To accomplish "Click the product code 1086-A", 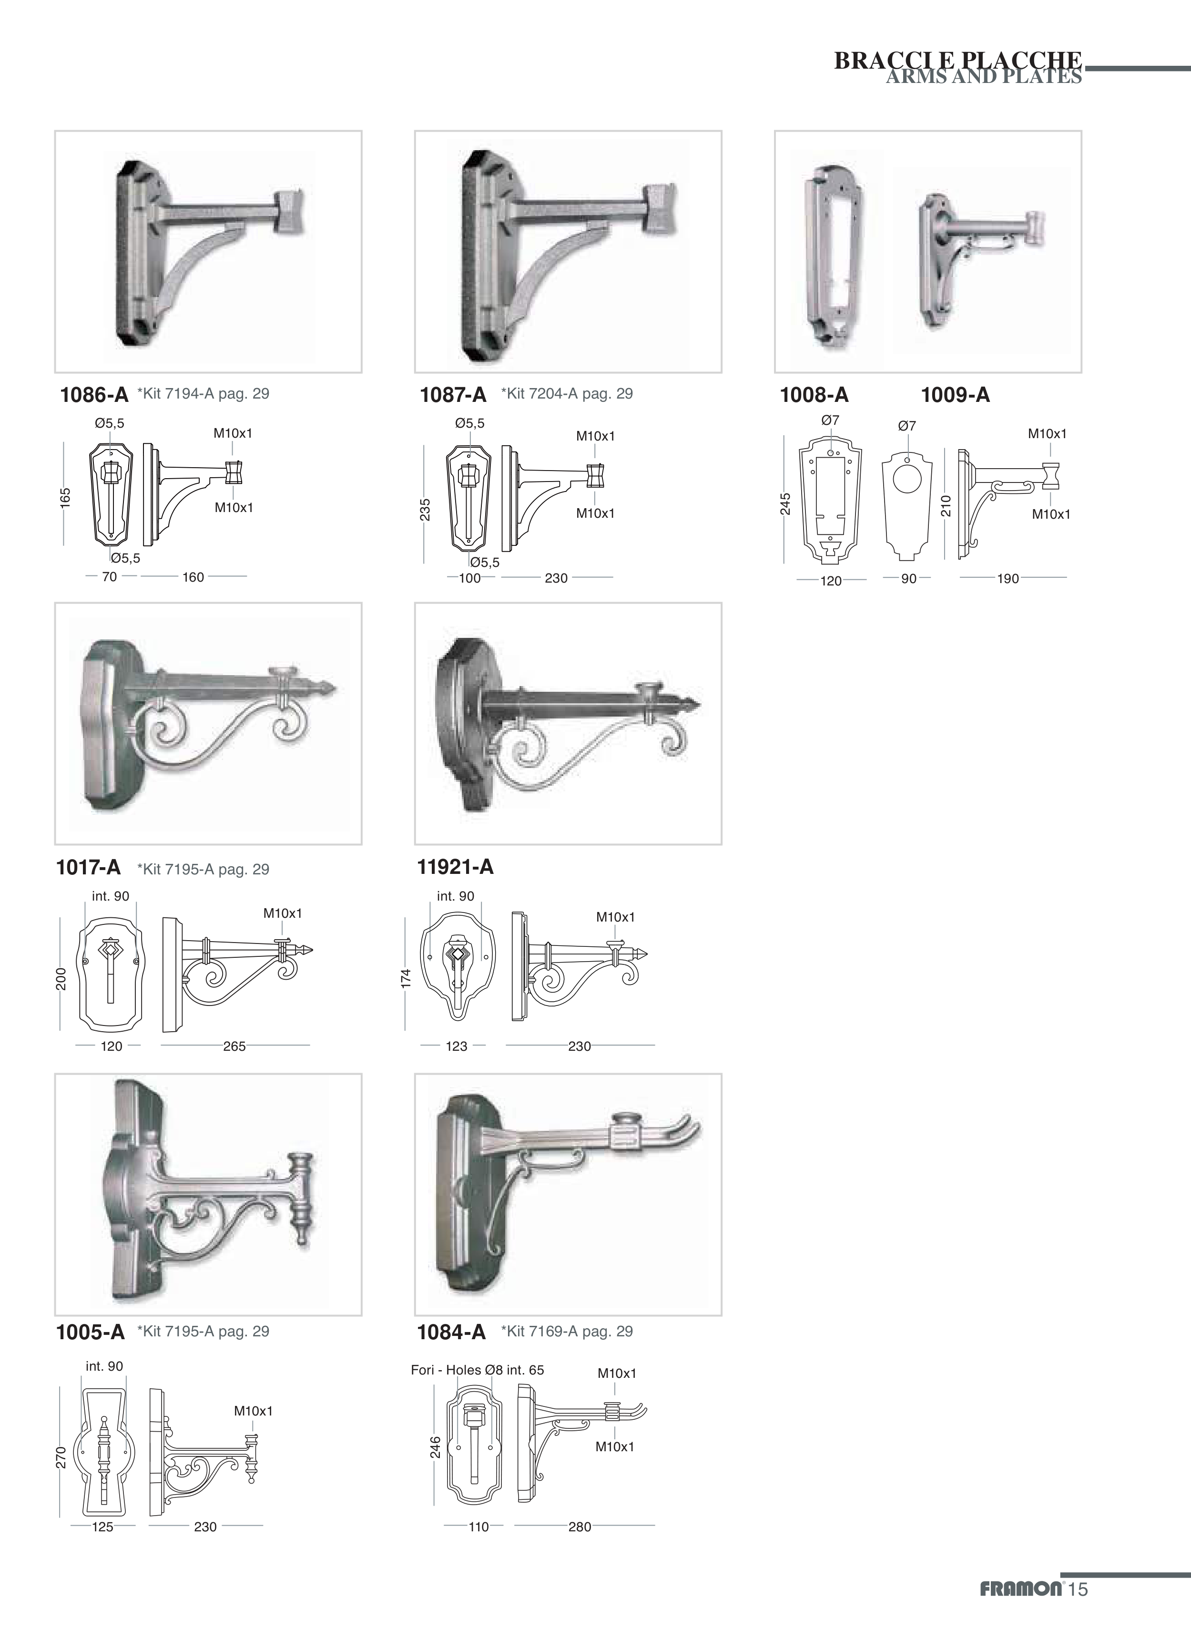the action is [93, 395].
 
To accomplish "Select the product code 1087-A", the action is [453, 395].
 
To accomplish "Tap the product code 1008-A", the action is [814, 395].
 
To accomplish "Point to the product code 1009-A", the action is [955, 395].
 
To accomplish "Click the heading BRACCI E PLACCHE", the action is [958, 60].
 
